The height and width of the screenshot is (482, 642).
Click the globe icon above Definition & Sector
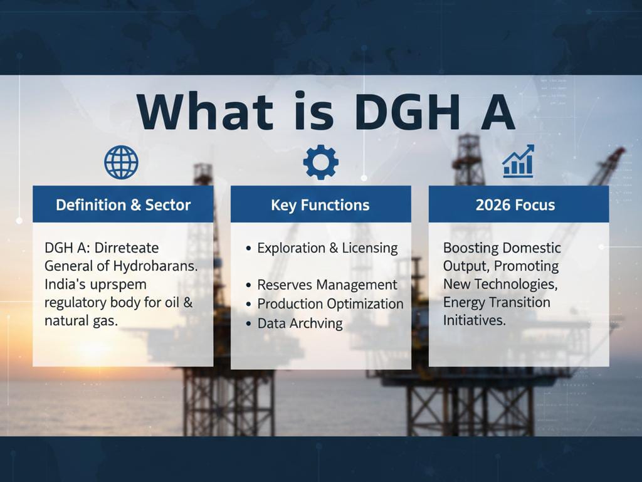[121, 162]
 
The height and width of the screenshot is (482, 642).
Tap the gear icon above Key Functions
[320, 162]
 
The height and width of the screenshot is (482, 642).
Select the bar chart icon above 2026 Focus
[518, 161]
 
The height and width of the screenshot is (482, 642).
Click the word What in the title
[205, 112]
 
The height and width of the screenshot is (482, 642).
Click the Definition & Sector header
[124, 204]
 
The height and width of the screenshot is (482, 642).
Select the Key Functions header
[320, 205]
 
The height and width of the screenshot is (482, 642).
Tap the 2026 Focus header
[515, 204]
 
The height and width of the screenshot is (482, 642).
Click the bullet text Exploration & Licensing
[327, 248]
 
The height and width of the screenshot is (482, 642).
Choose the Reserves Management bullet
[327, 285]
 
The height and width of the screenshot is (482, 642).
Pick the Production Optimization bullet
[330, 303]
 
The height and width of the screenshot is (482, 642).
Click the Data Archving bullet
[300, 323]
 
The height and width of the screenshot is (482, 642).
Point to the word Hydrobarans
[155, 266]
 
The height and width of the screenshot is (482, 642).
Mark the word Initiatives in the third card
[475, 320]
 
